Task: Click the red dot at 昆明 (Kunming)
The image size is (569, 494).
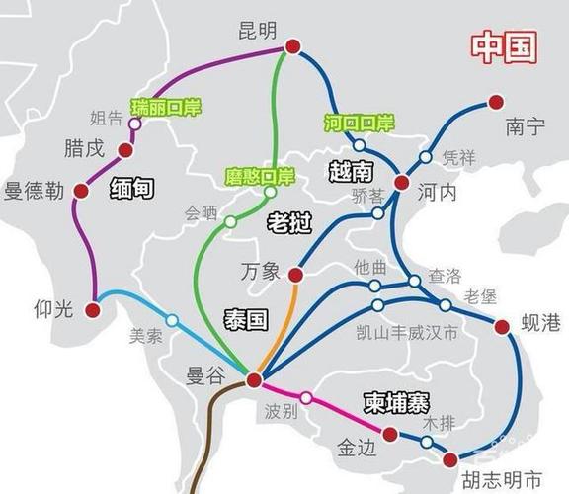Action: point(291,46)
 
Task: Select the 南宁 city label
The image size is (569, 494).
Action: point(525,126)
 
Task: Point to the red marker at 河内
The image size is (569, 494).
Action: point(401,183)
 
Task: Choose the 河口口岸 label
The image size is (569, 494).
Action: point(359,123)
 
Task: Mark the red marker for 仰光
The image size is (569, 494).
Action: point(93,309)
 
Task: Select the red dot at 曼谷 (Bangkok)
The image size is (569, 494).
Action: point(254,379)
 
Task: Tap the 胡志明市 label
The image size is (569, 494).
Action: point(501,479)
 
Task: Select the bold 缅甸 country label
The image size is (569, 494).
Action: point(132,188)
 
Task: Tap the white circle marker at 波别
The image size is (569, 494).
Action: point(306,398)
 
